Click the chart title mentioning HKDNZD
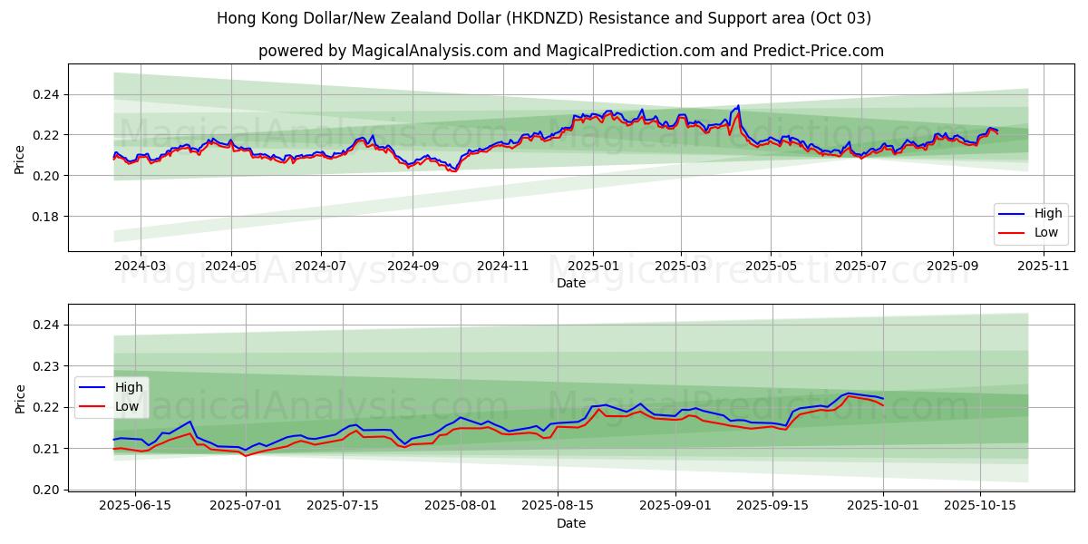(544, 18)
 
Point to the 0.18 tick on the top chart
(47, 217)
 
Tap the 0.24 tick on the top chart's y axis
(47, 94)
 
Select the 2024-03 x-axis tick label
(141, 266)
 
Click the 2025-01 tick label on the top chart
(593, 266)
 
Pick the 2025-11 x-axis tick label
(1043, 266)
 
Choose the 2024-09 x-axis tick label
(413, 266)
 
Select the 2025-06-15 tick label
(135, 506)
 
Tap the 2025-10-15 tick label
(979, 506)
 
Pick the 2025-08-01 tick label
(461, 506)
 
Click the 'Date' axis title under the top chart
(571, 283)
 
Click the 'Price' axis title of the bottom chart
(20, 398)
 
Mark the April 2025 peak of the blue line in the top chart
(738, 106)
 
